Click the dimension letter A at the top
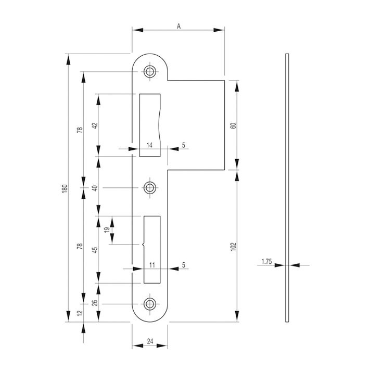(x=178, y=26)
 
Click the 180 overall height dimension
(x=65, y=188)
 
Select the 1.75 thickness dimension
(x=266, y=262)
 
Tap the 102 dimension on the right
(x=233, y=247)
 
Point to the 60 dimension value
(x=233, y=125)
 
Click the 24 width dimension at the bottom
(x=150, y=341)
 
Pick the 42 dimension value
(x=95, y=125)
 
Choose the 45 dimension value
(x=95, y=250)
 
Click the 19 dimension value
(x=107, y=229)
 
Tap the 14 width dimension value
(x=149, y=145)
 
